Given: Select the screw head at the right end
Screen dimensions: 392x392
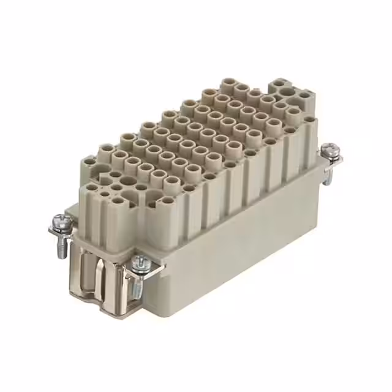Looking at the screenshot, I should tap(331, 149).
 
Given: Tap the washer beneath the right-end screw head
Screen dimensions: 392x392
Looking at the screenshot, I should tap(331, 157).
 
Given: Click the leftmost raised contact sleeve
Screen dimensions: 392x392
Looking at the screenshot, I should tap(105, 149).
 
